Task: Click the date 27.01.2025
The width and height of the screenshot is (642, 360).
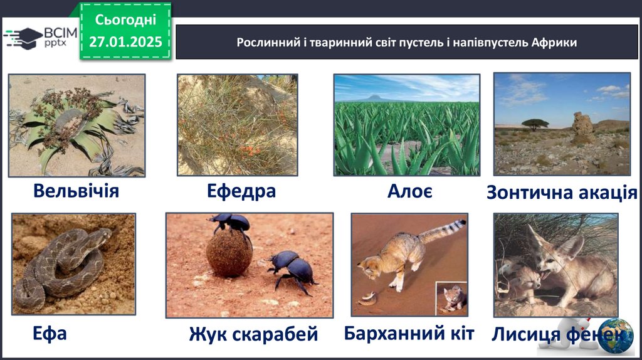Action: coord(125,42)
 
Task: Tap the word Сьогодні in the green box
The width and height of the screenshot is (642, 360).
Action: coord(125,19)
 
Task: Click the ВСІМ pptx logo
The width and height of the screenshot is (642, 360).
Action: coord(40,38)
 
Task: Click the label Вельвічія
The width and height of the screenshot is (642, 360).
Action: coord(76,191)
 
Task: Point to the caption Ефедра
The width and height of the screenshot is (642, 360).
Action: coord(241,191)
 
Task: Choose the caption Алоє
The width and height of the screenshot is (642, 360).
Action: coord(410,191)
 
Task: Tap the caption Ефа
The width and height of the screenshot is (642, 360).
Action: coord(50,334)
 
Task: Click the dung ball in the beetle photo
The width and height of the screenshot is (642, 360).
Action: coord(228,255)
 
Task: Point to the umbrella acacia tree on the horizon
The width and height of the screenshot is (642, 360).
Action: coord(535,124)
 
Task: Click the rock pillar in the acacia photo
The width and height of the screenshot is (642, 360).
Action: coord(582,124)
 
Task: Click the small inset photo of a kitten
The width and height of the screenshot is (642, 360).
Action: coord(451,298)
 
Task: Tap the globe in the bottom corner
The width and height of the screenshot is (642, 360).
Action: coord(616,336)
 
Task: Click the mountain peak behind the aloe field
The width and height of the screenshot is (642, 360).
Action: coord(374,97)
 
